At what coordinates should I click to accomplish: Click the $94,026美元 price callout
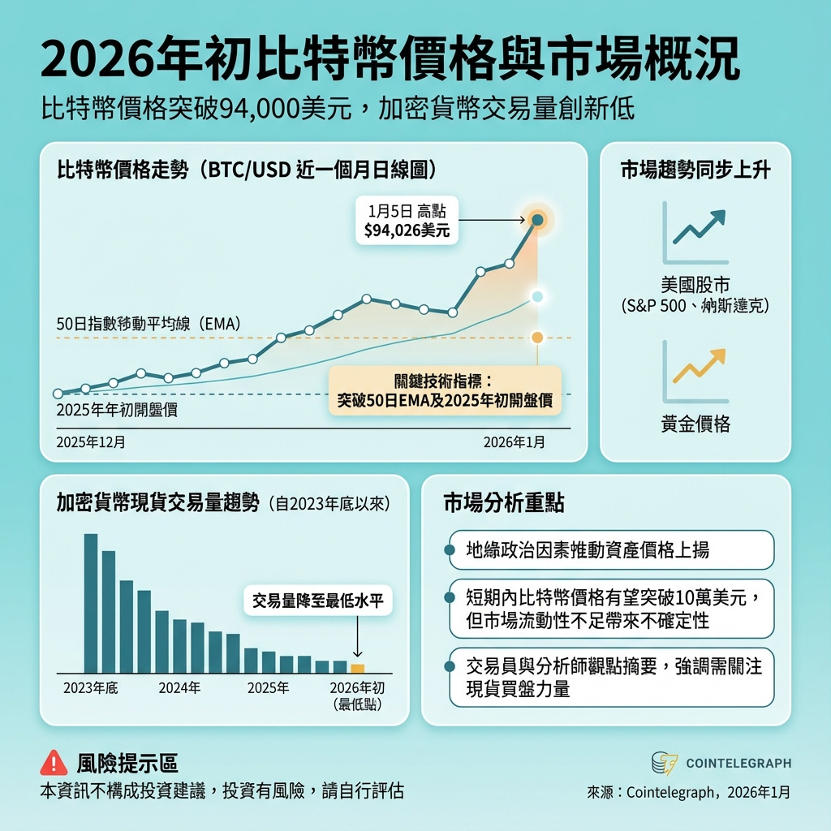(407, 221)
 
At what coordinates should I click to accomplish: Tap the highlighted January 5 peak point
(536, 219)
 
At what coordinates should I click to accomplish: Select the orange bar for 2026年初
(357, 669)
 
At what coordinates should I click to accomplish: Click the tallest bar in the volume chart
(91, 603)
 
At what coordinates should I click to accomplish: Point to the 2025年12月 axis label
(90, 442)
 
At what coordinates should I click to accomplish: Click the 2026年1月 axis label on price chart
(515, 442)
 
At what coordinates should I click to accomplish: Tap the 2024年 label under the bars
(179, 688)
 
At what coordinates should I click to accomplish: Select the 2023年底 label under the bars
(91, 688)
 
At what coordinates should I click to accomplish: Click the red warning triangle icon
(54, 763)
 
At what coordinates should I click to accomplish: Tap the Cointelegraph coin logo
(665, 764)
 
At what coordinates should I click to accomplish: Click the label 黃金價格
(695, 424)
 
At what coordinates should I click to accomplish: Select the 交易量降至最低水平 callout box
(317, 601)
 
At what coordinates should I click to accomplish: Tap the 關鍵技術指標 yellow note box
(444, 390)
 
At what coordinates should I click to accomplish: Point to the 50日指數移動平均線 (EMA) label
(149, 324)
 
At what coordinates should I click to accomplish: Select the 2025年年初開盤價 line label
(117, 410)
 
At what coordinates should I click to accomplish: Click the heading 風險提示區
(127, 763)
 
